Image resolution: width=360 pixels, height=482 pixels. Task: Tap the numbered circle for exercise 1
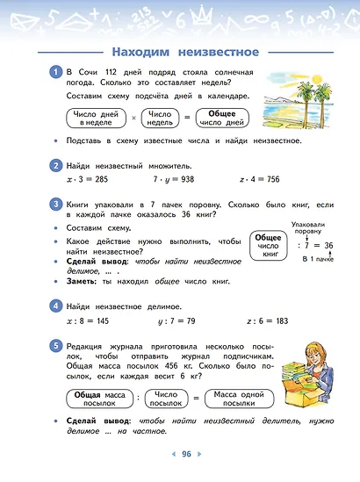(x=54, y=72)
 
